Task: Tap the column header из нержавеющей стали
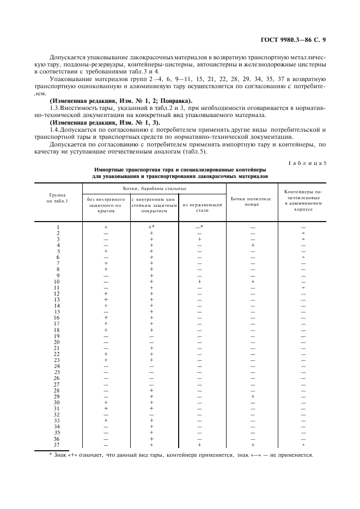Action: click(x=200, y=205)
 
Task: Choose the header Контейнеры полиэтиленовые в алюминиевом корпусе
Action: click(x=303, y=200)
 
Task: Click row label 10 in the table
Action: click(x=57, y=281)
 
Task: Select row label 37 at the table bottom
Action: click(x=57, y=444)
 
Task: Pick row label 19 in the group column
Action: click(x=57, y=335)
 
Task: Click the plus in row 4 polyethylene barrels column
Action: click(x=252, y=245)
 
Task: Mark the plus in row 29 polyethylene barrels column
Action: click(x=252, y=396)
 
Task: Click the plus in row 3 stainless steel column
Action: click(x=200, y=238)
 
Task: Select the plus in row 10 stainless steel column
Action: click(x=200, y=281)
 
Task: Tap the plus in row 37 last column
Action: click(x=303, y=444)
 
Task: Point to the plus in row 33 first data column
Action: click(x=106, y=420)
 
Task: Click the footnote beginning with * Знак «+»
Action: click(x=180, y=456)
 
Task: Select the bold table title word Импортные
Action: click(x=108, y=170)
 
